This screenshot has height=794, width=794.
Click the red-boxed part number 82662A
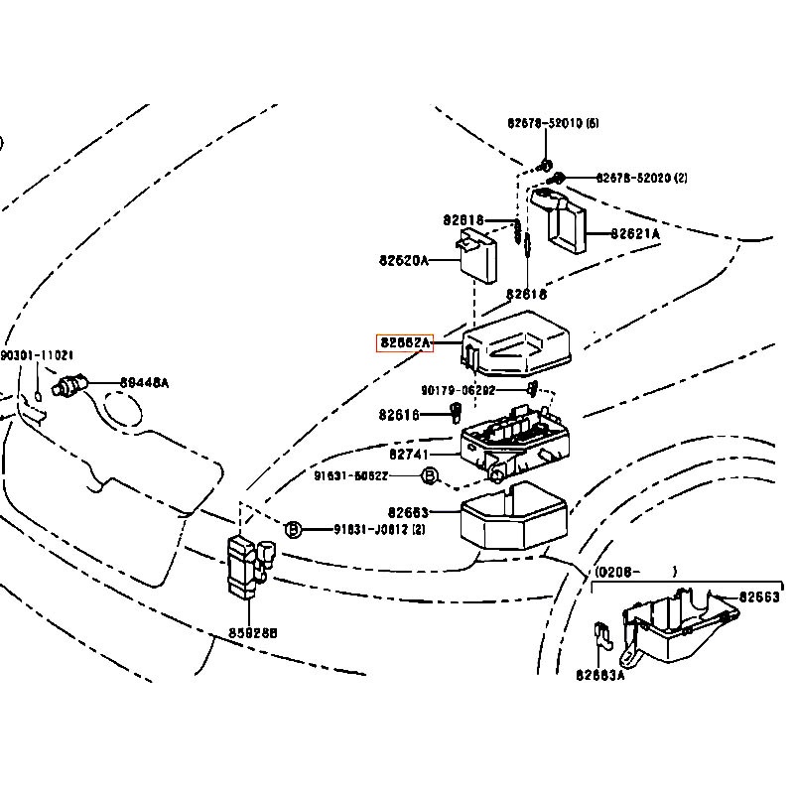405,343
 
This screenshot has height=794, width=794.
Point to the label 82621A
634,234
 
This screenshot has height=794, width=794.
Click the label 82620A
403,261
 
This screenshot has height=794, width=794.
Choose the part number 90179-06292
458,390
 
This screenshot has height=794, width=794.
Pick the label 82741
408,454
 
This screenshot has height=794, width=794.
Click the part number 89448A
145,382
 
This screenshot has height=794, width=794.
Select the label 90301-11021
37,355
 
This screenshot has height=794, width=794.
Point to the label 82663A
600,675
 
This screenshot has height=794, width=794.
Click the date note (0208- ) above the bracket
635,572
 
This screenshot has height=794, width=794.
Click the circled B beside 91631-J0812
294,529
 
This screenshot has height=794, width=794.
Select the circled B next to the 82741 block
429,476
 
